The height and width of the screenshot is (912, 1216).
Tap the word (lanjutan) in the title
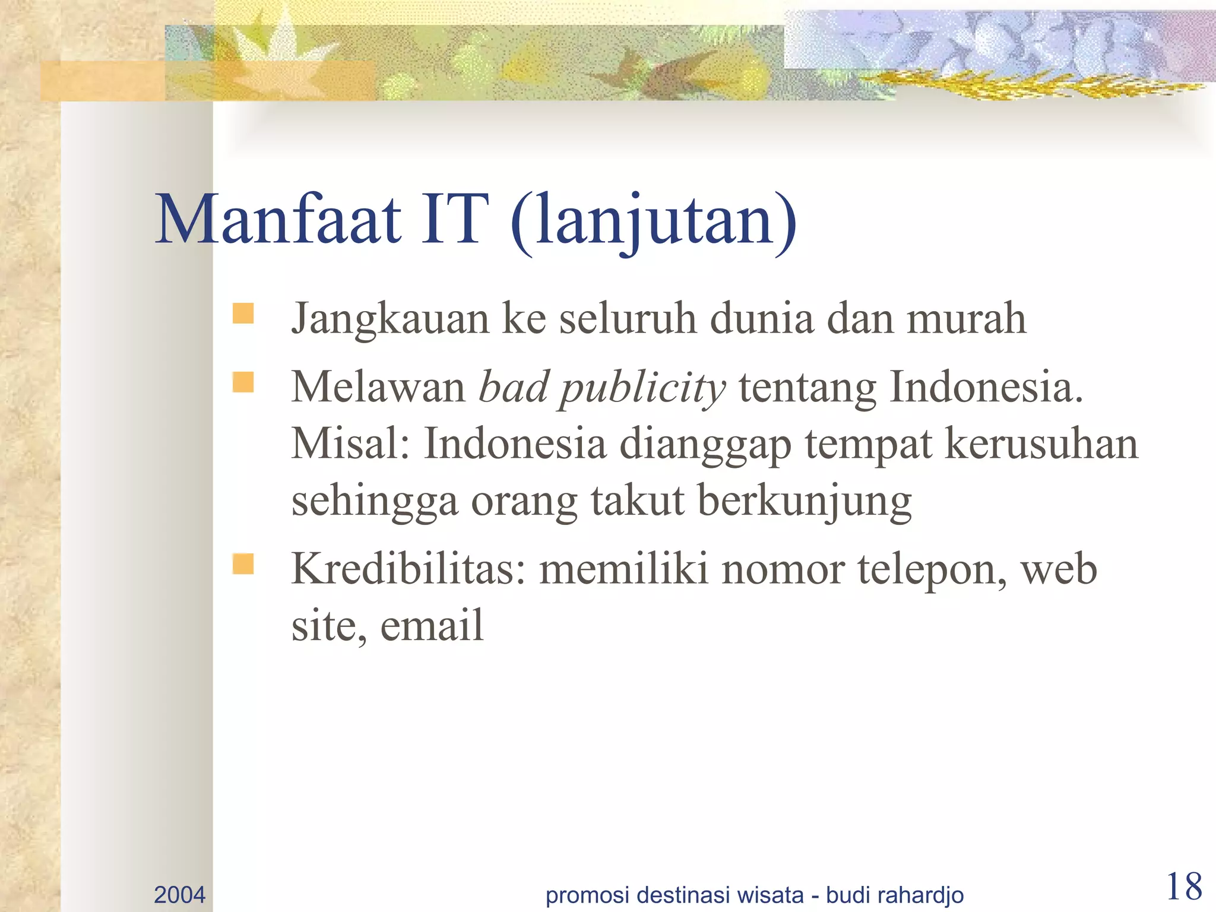653,221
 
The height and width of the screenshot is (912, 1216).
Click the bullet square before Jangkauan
243,313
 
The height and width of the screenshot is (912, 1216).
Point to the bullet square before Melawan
243,382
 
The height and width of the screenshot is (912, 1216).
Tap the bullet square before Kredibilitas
243,564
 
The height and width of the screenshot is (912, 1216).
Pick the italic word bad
514,387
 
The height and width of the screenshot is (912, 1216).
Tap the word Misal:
350,444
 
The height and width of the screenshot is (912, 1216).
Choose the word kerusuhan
1041,444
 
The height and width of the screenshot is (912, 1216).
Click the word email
432,626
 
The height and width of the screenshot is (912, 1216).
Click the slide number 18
1184,887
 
